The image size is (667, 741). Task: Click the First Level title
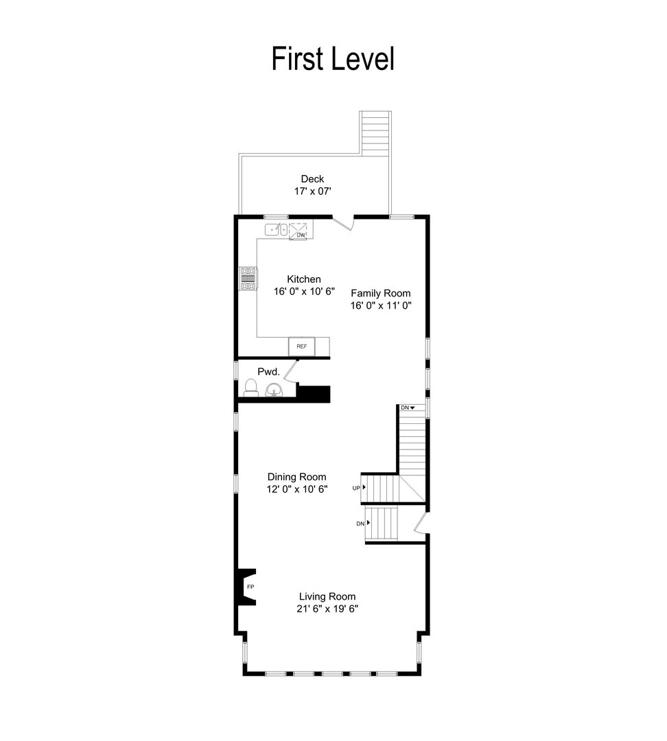333,59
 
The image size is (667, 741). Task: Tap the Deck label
312,179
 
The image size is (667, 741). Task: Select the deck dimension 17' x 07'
312,192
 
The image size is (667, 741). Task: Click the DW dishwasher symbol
301,234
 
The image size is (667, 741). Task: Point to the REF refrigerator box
301,346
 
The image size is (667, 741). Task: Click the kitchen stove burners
247,278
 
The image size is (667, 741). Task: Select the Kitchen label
303,279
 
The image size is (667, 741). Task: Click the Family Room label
381,293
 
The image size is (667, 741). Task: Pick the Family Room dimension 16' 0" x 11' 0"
381,306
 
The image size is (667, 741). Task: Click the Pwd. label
268,371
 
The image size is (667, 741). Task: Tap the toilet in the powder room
250,389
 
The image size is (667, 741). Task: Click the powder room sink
274,392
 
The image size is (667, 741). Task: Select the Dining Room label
296,477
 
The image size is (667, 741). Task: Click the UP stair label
357,488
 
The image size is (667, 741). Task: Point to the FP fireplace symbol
250,587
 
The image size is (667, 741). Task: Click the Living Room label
327,596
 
